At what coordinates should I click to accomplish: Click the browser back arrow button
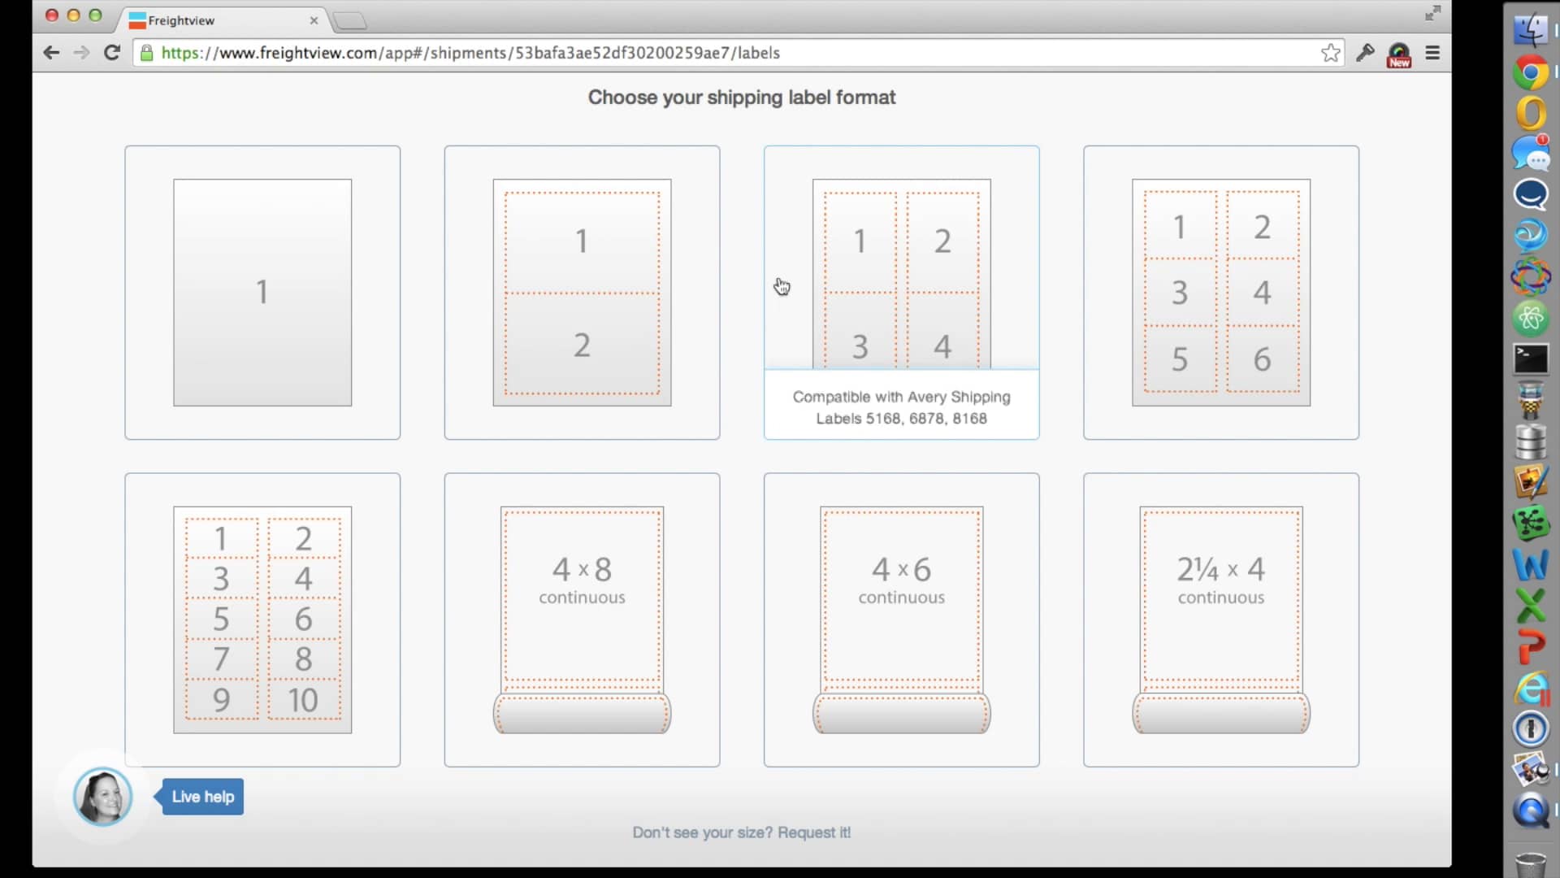tap(51, 53)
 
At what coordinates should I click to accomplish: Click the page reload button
tap(112, 53)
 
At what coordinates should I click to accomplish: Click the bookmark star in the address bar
tap(1330, 53)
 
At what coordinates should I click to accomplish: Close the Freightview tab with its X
tap(314, 20)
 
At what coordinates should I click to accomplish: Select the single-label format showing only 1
tap(262, 292)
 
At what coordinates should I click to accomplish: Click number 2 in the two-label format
tap(582, 346)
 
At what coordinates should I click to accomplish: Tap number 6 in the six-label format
tap(1261, 359)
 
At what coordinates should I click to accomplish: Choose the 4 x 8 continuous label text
tap(582, 580)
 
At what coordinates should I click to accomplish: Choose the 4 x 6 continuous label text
tap(901, 580)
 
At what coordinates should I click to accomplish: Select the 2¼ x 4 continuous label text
tap(1220, 580)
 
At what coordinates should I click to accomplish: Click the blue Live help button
tap(202, 797)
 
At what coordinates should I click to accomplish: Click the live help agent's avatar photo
tap(102, 797)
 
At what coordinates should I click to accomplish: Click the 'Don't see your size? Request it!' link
tap(741, 832)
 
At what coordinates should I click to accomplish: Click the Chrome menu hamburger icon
tap(1432, 53)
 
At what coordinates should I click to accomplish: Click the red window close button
tap(51, 15)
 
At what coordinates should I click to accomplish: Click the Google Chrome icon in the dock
tap(1530, 72)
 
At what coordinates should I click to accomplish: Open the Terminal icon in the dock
tap(1530, 359)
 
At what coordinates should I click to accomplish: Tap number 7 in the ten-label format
tap(221, 659)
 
